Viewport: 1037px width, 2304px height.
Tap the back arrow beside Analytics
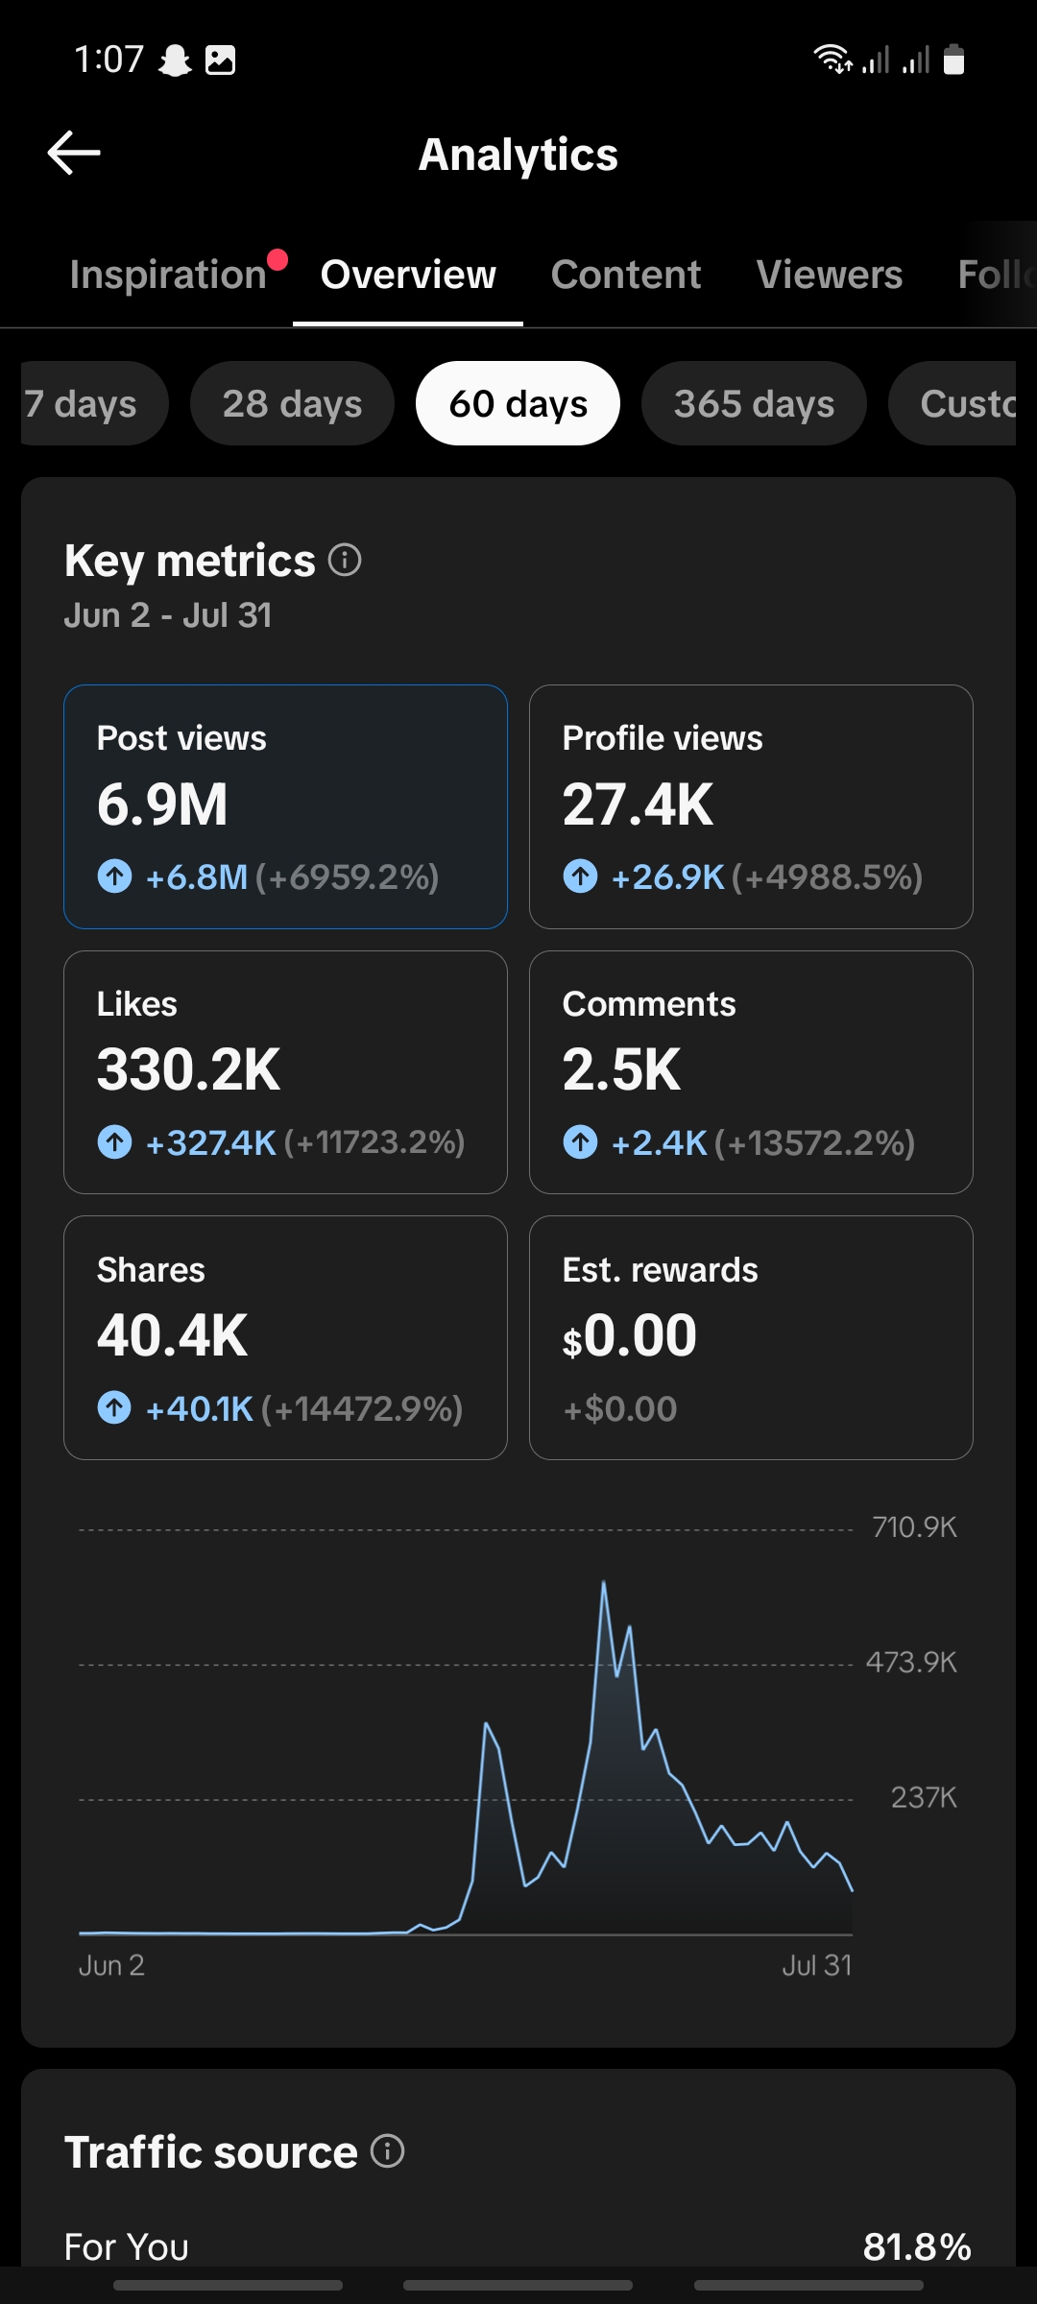click(74, 154)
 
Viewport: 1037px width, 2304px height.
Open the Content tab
click(626, 275)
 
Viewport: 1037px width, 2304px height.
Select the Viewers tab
click(830, 275)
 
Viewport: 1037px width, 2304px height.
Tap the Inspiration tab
click(168, 275)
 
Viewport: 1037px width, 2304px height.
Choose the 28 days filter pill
click(292, 403)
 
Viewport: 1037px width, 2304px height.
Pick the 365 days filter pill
click(754, 403)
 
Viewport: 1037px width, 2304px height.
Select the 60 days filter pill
click(518, 403)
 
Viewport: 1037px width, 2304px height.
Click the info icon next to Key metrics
click(345, 559)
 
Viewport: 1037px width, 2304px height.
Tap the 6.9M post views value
click(162, 804)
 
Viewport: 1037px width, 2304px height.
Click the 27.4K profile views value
click(638, 804)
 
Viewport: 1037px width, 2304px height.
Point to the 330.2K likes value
click(188, 1069)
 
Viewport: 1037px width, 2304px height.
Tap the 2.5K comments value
click(621, 1069)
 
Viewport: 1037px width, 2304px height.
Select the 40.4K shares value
click(172, 1335)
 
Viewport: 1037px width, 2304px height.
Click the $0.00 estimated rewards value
click(630, 1335)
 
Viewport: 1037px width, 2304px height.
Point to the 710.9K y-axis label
click(914, 1526)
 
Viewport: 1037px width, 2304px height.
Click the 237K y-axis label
click(924, 1797)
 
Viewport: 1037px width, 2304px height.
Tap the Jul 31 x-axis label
click(817, 1965)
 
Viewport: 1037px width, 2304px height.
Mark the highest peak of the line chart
click(604, 1581)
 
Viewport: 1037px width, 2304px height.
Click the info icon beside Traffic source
click(387, 2151)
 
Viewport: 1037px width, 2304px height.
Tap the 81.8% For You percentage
click(917, 2246)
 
